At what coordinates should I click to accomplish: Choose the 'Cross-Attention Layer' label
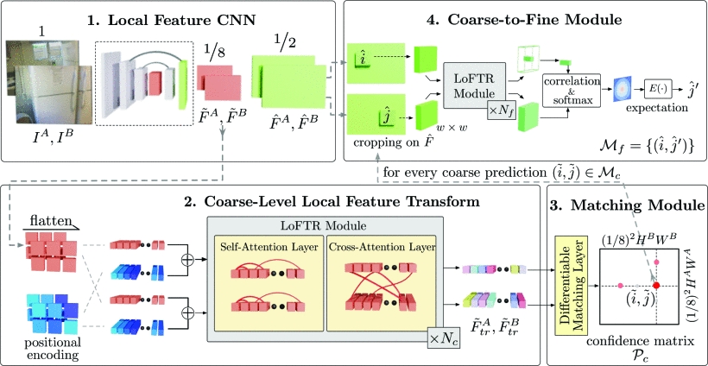point(371,248)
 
